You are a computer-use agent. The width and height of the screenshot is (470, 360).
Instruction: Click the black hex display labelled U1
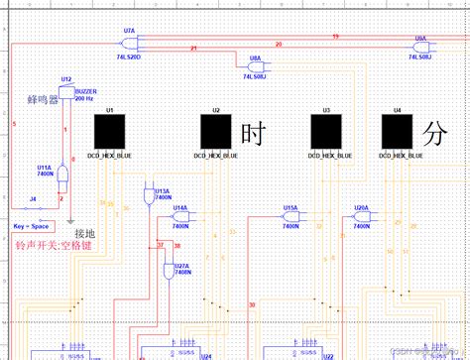click(x=109, y=130)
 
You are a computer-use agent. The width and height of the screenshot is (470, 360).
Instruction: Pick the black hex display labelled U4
click(x=398, y=130)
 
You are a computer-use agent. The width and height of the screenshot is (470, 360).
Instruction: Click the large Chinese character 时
click(x=251, y=131)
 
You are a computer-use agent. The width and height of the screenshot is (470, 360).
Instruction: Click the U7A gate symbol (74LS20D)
click(x=130, y=44)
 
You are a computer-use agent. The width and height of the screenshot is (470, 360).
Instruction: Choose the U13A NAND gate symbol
click(x=151, y=188)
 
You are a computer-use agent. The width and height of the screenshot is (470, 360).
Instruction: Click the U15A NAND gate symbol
click(x=290, y=218)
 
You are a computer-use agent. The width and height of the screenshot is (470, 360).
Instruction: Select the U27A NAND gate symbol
click(x=168, y=270)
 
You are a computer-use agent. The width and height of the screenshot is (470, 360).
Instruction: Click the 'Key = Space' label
click(x=33, y=226)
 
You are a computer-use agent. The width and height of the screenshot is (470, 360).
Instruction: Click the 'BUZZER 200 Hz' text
click(x=85, y=94)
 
